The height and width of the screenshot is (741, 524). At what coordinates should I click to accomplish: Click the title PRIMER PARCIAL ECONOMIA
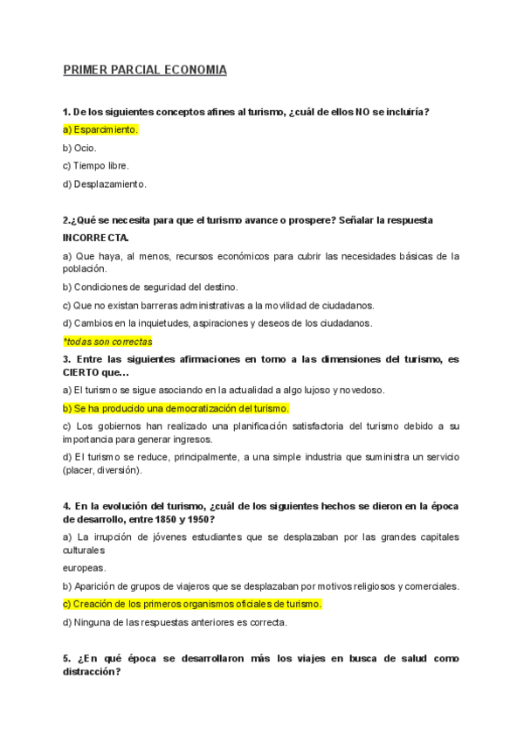(144, 70)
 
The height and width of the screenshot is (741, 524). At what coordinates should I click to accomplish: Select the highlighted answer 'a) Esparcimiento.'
(100, 129)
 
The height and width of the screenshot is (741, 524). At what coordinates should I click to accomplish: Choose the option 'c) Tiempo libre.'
(95, 166)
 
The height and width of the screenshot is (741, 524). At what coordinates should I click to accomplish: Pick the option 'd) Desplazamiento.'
(105, 184)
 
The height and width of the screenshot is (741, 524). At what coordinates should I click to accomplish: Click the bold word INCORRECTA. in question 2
(96, 238)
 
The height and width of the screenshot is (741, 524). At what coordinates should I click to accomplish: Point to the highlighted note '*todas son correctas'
(107, 342)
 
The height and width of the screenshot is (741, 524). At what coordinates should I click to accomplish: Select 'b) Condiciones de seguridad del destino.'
(150, 287)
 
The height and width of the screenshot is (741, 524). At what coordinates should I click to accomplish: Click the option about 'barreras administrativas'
(218, 305)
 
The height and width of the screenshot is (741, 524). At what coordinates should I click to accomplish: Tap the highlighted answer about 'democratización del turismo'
(176, 408)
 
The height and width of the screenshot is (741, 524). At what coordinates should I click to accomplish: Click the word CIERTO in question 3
(84, 371)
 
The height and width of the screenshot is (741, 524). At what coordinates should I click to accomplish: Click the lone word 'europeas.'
(84, 567)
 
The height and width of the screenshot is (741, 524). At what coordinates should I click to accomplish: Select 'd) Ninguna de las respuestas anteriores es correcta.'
(175, 622)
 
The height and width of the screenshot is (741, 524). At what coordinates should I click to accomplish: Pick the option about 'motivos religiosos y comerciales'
(261, 585)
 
